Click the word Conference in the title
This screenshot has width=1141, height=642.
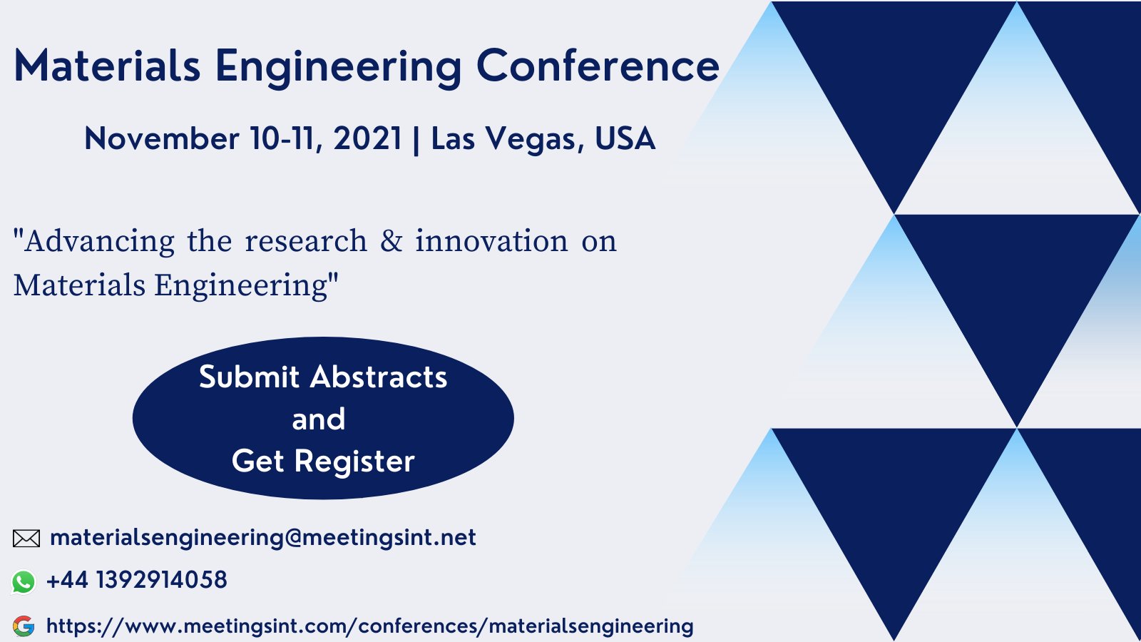(x=598, y=66)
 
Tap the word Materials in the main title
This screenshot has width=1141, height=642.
(x=107, y=66)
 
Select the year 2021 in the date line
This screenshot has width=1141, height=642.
(x=367, y=138)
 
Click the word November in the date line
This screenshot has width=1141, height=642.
(x=161, y=138)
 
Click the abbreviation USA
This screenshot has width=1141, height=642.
(x=625, y=138)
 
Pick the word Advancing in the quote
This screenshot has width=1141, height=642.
(x=99, y=242)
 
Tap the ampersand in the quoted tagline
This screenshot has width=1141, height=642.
(x=391, y=241)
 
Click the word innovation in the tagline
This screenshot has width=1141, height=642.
(x=491, y=241)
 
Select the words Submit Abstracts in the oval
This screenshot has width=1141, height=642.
(x=323, y=377)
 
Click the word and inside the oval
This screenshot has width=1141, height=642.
(x=319, y=419)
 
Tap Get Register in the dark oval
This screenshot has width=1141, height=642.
(x=323, y=461)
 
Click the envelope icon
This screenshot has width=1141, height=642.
(x=26, y=539)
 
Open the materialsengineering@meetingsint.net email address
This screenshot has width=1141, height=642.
(x=262, y=537)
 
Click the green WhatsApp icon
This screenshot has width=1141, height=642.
(x=24, y=582)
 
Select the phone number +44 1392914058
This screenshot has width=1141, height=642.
(x=136, y=580)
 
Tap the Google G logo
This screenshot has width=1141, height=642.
(x=24, y=626)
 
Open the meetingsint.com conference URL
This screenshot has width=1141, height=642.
(x=369, y=626)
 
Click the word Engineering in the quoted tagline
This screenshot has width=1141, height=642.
(x=241, y=285)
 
